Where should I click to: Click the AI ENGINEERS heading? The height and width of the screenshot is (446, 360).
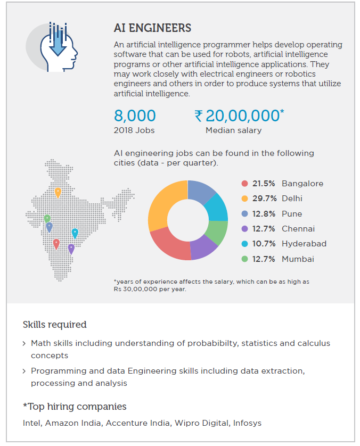[x=152, y=28]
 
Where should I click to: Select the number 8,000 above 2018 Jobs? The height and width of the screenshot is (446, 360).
[x=135, y=115]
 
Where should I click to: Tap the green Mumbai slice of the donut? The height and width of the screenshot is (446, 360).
[x=218, y=232]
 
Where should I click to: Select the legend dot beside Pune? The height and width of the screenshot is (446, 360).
[x=244, y=214]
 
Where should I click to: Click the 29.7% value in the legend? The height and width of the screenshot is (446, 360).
[x=264, y=199]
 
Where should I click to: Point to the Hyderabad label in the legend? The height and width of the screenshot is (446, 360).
[x=304, y=244]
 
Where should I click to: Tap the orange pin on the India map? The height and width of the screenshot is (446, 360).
[x=58, y=192]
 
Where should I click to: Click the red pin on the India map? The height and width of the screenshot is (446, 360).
[x=56, y=244]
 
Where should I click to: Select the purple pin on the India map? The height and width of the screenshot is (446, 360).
[x=71, y=248]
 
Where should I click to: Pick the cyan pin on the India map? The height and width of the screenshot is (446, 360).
[x=75, y=233]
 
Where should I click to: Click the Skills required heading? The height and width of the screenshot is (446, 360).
[x=54, y=325]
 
